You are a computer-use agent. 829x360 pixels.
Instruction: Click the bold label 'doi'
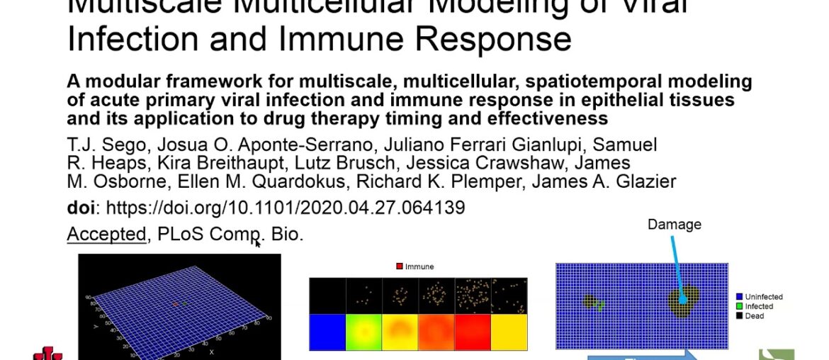(x=81, y=208)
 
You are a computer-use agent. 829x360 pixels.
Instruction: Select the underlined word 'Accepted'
(x=106, y=234)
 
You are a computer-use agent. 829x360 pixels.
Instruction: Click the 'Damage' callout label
(x=674, y=225)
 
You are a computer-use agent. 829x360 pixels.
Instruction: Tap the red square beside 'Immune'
(x=400, y=266)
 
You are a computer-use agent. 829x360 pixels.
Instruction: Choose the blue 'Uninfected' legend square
(x=738, y=297)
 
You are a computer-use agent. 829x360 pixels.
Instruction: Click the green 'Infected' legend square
(x=738, y=306)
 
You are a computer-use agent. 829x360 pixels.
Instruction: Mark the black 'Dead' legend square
(x=738, y=316)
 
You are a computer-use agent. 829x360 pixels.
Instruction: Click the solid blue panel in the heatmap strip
(x=327, y=334)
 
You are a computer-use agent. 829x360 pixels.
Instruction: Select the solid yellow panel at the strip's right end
(x=508, y=334)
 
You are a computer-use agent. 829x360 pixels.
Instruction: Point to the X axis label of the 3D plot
(x=211, y=351)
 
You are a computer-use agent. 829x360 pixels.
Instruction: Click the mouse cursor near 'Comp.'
(x=258, y=243)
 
